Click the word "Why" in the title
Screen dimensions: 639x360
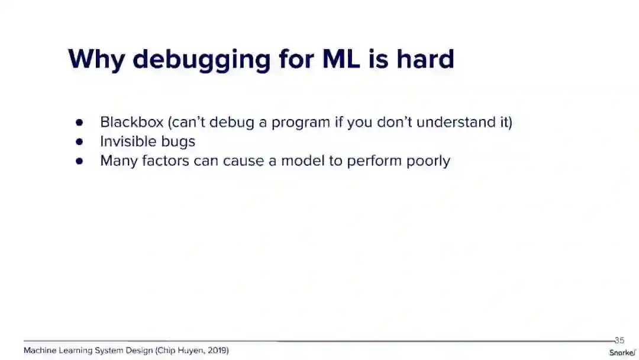click(96, 60)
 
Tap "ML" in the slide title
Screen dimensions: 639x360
click(341, 59)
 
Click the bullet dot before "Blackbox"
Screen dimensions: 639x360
click(79, 123)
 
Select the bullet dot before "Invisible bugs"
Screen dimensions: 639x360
click(79, 142)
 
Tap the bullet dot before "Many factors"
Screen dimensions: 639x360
click(79, 161)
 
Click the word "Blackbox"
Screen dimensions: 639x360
click(131, 122)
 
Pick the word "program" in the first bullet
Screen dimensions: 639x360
click(301, 123)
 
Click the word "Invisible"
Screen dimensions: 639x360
click(128, 141)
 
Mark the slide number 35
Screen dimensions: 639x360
click(619, 340)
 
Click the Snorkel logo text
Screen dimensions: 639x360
click(622, 353)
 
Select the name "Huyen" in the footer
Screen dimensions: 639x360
click(191, 351)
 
